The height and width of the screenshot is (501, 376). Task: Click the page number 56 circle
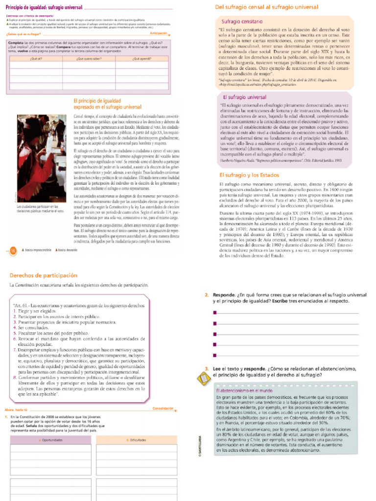(13, 250)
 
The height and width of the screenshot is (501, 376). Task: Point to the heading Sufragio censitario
(242, 22)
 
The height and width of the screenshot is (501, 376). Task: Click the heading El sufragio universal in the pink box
(244, 97)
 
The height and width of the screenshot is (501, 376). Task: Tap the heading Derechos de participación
(44, 275)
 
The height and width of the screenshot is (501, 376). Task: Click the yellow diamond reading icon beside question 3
(201, 379)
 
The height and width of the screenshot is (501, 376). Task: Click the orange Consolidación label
(163, 408)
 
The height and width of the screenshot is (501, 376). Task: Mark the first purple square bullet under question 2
(214, 313)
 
